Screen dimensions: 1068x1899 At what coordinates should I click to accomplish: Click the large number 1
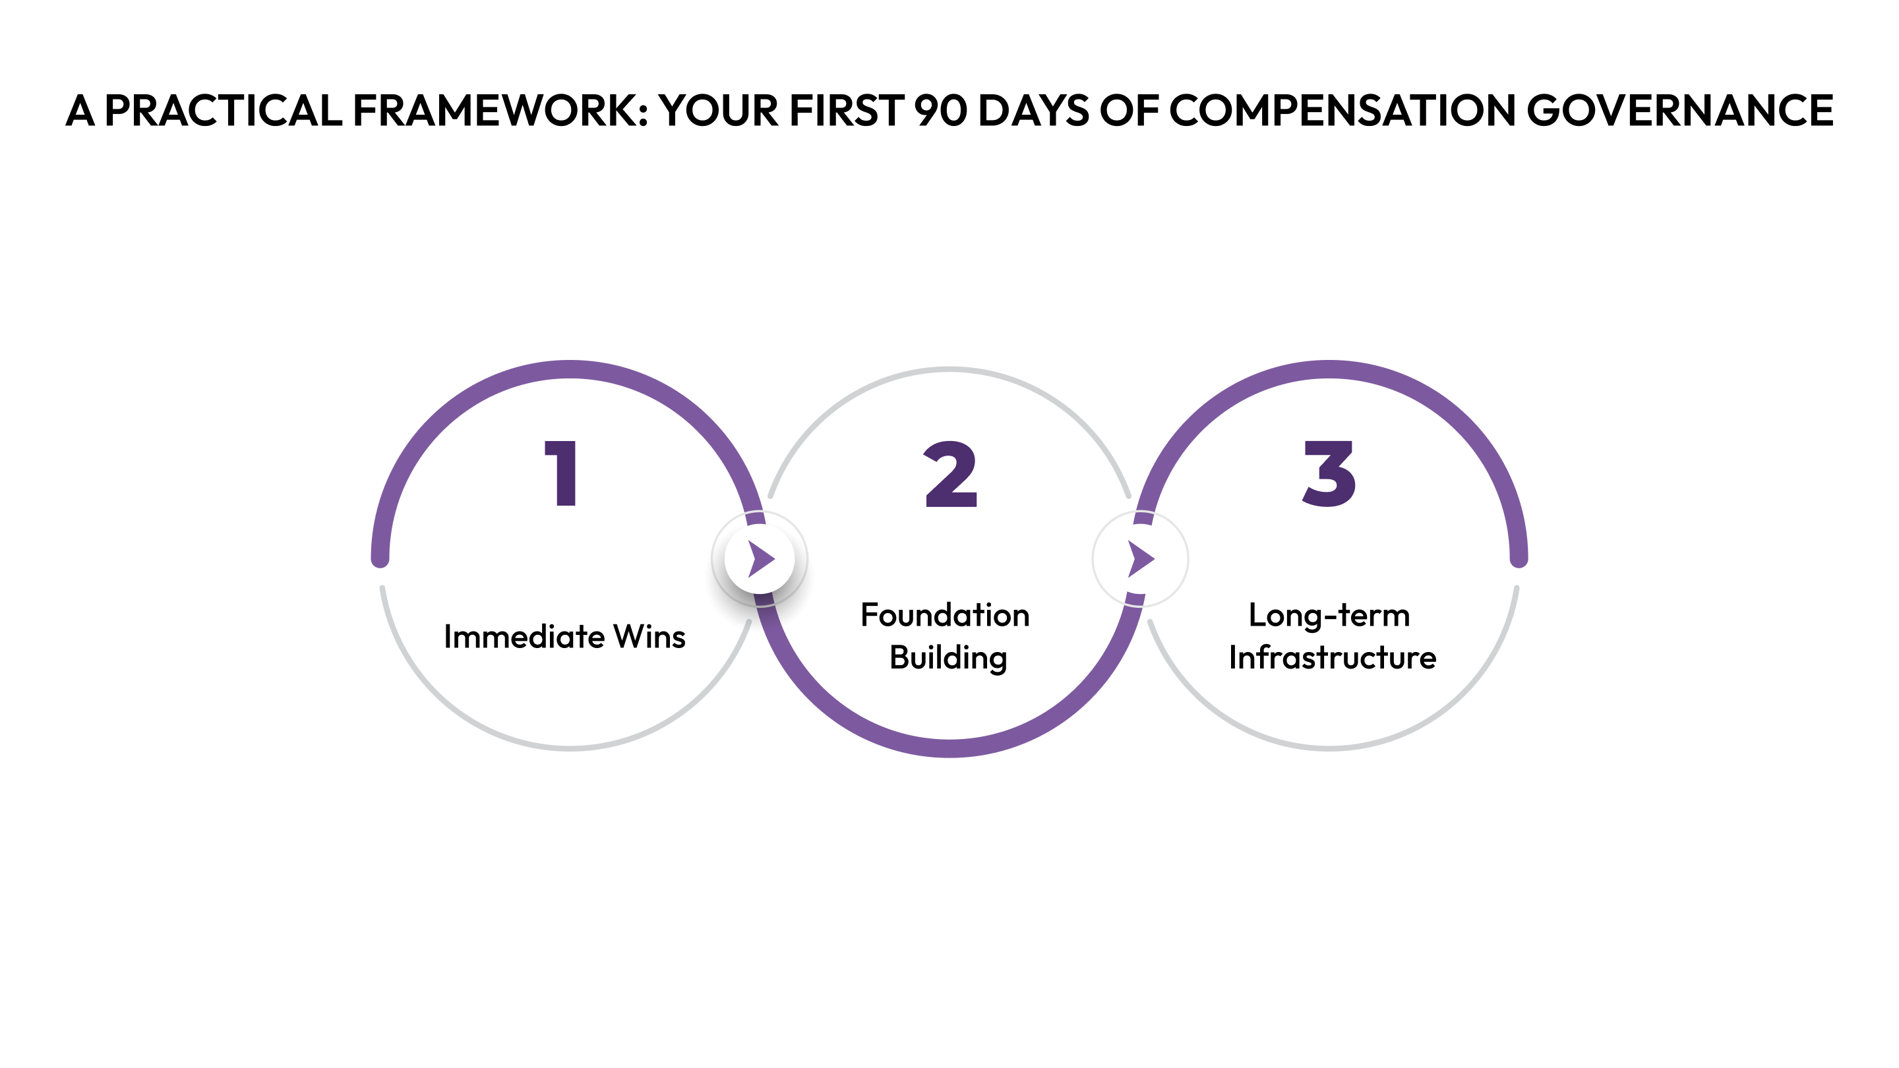(x=562, y=473)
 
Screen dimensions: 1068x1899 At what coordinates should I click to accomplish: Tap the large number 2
(x=950, y=475)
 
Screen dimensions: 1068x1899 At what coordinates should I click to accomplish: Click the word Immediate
(x=524, y=637)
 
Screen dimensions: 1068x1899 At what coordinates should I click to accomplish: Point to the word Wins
(x=649, y=637)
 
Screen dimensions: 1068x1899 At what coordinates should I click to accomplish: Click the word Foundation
(x=945, y=616)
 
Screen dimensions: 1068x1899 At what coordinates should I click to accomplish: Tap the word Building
(x=948, y=657)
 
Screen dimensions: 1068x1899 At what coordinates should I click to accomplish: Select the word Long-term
(x=1329, y=616)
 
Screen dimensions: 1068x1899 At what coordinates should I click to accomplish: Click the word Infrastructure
(x=1332, y=657)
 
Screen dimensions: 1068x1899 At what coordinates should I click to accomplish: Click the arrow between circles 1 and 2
(x=760, y=558)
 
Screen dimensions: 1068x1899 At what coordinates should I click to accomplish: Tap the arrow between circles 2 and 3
(x=1141, y=558)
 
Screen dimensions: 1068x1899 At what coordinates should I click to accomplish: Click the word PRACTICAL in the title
(x=224, y=111)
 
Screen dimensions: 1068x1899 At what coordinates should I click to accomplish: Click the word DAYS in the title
(x=1033, y=111)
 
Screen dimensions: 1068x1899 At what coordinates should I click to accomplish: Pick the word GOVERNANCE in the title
(x=1679, y=111)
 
